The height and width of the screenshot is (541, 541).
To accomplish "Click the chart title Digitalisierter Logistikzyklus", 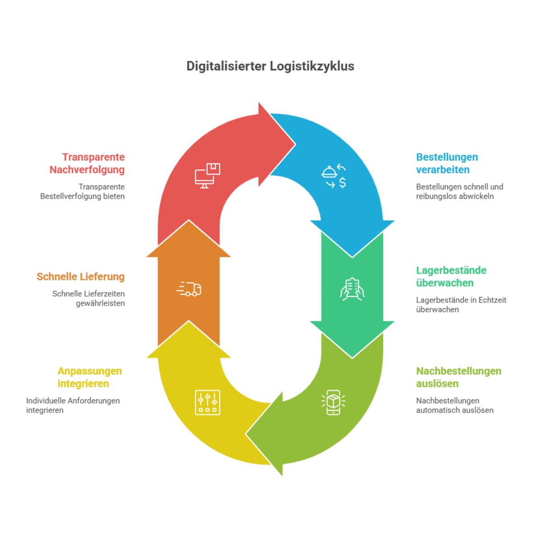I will (x=270, y=66).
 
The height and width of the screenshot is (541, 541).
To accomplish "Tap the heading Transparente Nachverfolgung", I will (x=87, y=163).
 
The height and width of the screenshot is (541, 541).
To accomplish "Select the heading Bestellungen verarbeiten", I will (x=447, y=163).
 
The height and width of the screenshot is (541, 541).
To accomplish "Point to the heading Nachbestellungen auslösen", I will (x=458, y=377).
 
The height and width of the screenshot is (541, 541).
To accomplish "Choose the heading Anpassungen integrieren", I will (x=90, y=377).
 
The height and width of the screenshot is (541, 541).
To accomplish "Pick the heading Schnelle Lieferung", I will (x=81, y=277).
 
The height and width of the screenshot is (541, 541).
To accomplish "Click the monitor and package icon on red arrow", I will (x=207, y=176).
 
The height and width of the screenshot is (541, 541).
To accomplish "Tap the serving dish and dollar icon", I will (x=334, y=176).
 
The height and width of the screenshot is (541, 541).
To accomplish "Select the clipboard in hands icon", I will (x=352, y=289).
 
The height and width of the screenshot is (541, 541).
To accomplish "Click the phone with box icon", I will (x=333, y=402).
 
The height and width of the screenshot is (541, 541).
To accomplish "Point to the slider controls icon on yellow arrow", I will (x=207, y=402).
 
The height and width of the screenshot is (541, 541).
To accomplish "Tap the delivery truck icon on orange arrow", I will (x=189, y=289).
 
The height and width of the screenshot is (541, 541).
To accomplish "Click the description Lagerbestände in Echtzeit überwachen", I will (x=461, y=305).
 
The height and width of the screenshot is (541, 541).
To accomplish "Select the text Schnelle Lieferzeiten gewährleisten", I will (x=88, y=298).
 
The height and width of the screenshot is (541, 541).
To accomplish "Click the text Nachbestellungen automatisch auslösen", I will (x=454, y=405).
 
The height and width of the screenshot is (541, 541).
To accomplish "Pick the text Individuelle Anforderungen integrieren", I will (x=73, y=405).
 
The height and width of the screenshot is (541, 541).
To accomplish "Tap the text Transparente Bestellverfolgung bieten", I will (x=83, y=192).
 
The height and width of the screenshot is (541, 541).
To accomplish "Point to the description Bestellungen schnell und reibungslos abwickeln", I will (x=459, y=192).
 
